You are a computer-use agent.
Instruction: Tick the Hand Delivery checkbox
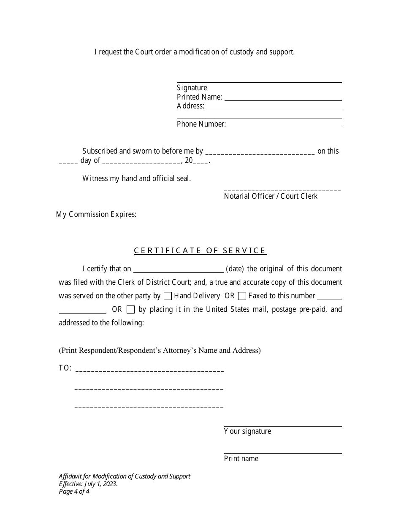tap(167, 296)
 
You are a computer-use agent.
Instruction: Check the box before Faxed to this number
tap(242, 296)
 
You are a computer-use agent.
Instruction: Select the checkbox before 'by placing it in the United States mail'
tap(130, 309)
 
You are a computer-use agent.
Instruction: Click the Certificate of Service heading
tap(200, 251)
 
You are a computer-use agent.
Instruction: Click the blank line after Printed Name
tap(283, 97)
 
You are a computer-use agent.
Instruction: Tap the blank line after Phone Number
tap(284, 125)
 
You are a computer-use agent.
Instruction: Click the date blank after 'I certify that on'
tap(179, 269)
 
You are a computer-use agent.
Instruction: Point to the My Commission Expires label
tap(96, 214)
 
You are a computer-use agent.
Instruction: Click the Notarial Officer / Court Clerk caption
tap(271, 196)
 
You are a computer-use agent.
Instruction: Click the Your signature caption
tap(247, 431)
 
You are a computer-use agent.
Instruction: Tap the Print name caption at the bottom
tap(241, 459)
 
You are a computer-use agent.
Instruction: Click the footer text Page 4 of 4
tap(74, 491)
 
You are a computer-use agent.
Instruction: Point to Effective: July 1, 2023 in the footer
tap(88, 484)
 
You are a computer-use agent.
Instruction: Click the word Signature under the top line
tap(192, 88)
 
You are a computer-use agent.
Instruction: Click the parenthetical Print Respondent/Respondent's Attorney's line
tap(160, 350)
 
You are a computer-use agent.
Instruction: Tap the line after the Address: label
tap(274, 107)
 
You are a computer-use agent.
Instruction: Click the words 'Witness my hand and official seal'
tap(136, 178)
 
